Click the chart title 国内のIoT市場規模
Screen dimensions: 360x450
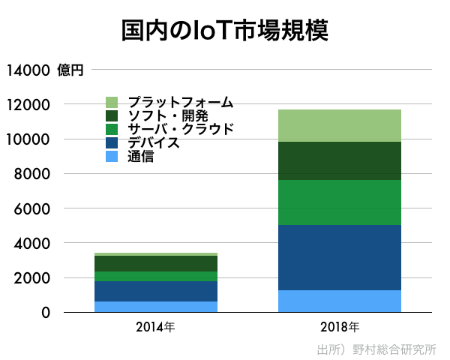pyautogui.click(x=225, y=31)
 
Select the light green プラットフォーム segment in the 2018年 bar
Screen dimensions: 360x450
pyautogui.click(x=340, y=125)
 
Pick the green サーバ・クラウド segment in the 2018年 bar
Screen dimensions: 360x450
pyautogui.click(x=340, y=202)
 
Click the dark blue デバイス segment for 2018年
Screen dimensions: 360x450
pyautogui.click(x=340, y=257)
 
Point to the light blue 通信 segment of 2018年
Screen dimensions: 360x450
pyautogui.click(x=340, y=301)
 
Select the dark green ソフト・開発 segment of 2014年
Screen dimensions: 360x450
pyautogui.click(x=156, y=263)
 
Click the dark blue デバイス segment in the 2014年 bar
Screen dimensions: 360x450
pyautogui.click(x=156, y=291)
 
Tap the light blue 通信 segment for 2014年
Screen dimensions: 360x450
pyautogui.click(x=156, y=307)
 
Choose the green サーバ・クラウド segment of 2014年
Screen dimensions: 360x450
pyautogui.click(x=156, y=276)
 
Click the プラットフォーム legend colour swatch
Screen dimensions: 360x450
pyautogui.click(x=112, y=102)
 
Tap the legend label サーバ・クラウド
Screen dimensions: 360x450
pyautogui.click(x=180, y=129)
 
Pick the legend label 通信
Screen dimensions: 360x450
pyautogui.click(x=140, y=156)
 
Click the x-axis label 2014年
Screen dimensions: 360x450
pyautogui.click(x=156, y=327)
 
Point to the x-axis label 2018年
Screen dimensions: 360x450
pyautogui.click(x=340, y=327)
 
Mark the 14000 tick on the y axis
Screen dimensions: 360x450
pyautogui.click(x=28, y=70)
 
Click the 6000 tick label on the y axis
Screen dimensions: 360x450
pyautogui.click(x=34, y=208)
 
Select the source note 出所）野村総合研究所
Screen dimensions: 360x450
pyautogui.click(x=376, y=349)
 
